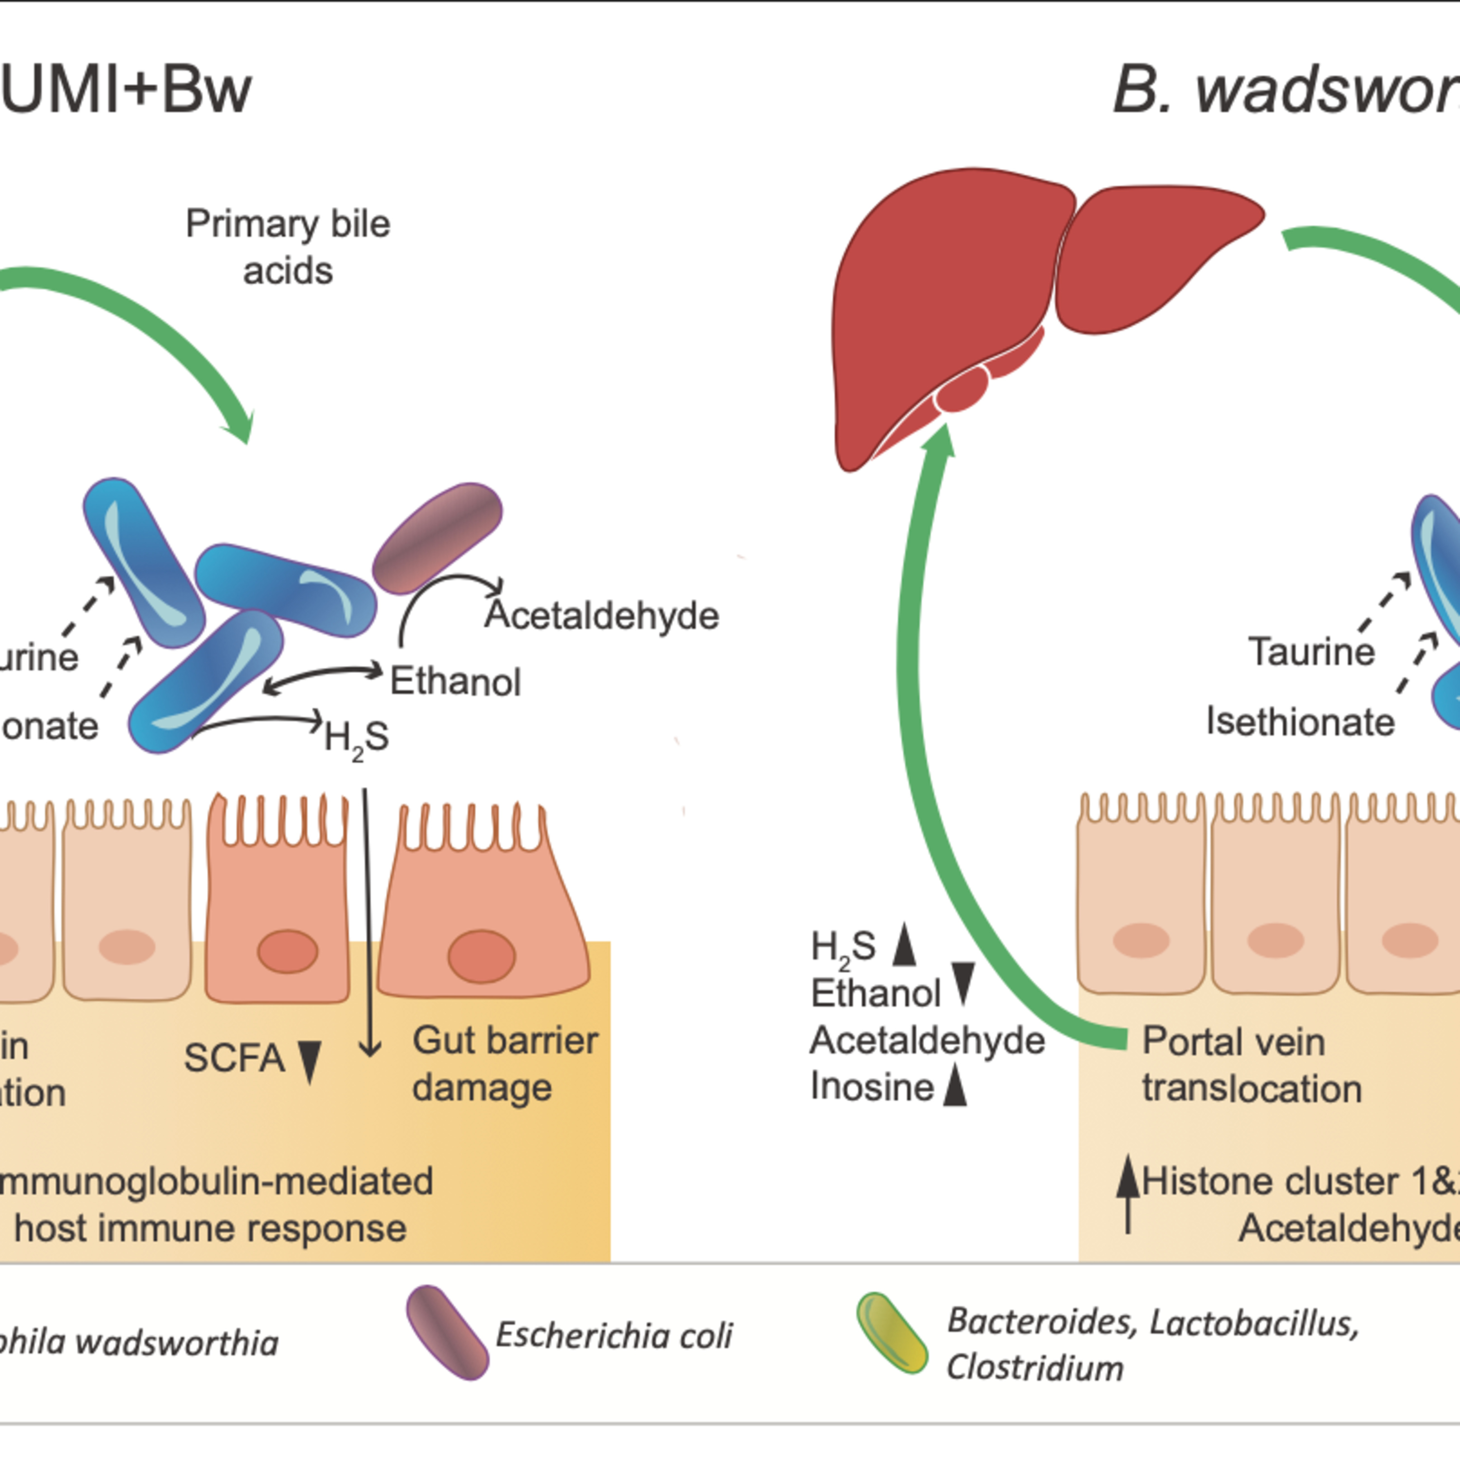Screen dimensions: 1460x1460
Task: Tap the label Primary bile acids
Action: pos(288,247)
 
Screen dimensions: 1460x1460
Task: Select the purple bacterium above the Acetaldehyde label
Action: pos(438,538)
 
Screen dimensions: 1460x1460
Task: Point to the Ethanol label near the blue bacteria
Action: pos(456,682)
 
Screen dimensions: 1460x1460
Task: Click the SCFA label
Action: pos(234,1058)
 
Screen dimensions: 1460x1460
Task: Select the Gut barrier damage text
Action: pos(504,1064)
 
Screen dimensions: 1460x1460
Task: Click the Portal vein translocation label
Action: pos(1251,1065)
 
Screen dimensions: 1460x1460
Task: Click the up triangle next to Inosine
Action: pos(956,1085)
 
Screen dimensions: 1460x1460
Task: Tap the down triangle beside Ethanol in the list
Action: pos(963,983)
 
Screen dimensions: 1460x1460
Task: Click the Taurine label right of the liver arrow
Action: pos(1311,652)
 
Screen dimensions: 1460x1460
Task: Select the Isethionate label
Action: pos(1300,722)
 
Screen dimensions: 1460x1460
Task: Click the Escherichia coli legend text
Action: pos(614,1336)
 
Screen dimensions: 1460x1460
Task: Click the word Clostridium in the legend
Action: pos(1035,1368)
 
